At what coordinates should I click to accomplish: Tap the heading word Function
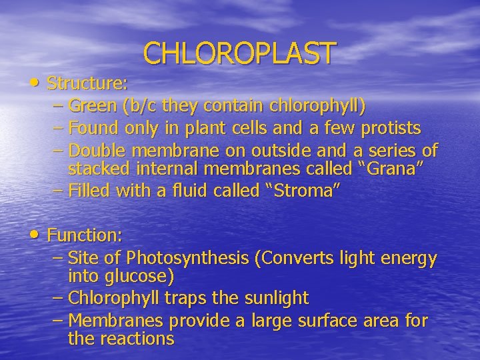(85, 235)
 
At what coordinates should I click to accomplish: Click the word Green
(92, 106)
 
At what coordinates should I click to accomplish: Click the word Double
(97, 149)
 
